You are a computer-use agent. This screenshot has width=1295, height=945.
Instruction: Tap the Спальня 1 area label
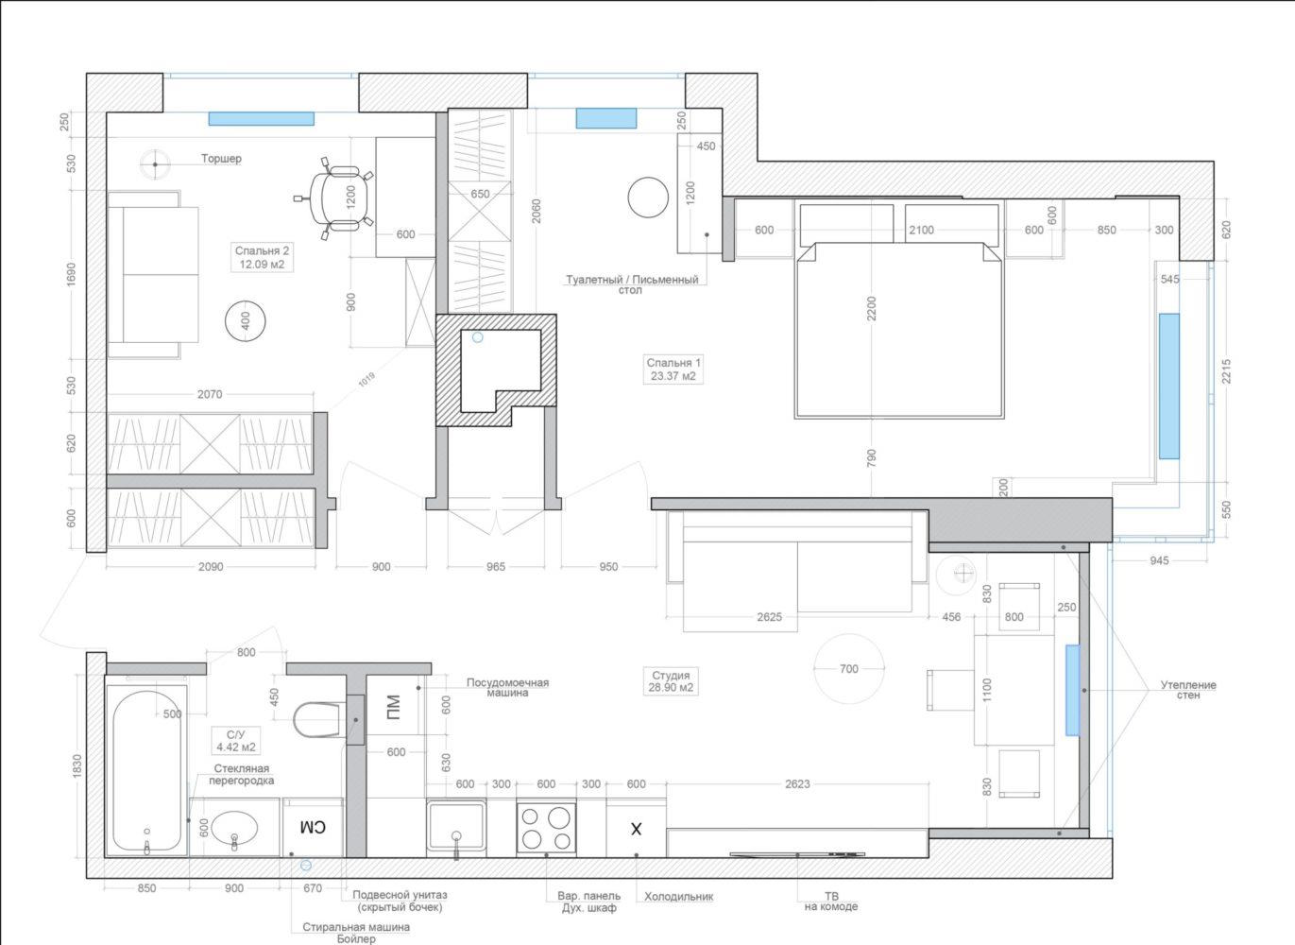(673, 369)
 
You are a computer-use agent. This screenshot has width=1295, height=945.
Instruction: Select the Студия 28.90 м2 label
(671, 681)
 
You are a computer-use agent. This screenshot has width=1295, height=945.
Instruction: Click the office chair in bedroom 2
(333, 198)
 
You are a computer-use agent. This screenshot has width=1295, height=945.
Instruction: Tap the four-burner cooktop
(546, 828)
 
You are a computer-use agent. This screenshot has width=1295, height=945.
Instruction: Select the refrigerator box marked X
(636, 828)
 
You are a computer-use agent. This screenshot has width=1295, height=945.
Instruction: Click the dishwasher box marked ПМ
(393, 707)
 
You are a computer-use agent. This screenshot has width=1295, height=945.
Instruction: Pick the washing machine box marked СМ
(313, 828)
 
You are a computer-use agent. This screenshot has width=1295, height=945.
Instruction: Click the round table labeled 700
(848, 668)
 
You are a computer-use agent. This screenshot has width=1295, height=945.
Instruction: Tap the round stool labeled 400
(246, 321)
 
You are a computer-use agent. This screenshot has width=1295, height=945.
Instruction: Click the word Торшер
(221, 159)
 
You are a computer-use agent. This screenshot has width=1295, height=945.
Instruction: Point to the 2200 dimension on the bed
(872, 308)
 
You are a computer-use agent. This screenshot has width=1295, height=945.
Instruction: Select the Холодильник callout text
(679, 897)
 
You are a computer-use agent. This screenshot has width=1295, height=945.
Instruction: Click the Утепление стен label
(1188, 690)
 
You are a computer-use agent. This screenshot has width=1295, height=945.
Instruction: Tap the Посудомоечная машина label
(507, 687)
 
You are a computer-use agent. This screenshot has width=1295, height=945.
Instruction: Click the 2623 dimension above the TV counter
(797, 784)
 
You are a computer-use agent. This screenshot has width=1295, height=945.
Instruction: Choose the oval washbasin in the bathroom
(234, 828)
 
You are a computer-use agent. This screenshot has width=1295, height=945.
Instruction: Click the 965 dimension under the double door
(496, 567)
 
